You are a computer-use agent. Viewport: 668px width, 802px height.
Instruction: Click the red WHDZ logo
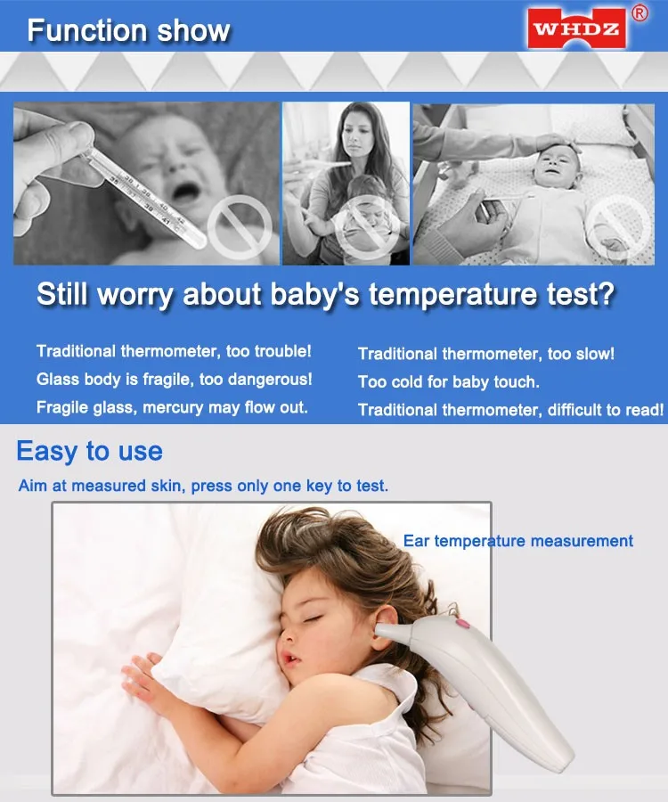[x=576, y=29]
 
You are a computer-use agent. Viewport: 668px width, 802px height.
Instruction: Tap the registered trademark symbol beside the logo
[x=639, y=12]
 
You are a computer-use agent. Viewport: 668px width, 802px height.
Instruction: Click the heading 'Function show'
[x=129, y=30]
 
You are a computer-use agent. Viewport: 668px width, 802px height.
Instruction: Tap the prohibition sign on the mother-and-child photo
[x=367, y=226]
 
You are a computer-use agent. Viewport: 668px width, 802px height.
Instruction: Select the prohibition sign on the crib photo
[x=618, y=226]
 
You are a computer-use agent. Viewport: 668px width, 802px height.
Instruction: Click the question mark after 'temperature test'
[x=606, y=294]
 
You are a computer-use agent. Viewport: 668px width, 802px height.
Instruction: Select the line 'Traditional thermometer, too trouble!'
[x=174, y=351]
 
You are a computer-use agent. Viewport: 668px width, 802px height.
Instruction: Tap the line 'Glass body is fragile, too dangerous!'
[x=175, y=380]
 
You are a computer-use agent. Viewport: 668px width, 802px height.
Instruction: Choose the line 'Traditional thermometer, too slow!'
[x=486, y=354]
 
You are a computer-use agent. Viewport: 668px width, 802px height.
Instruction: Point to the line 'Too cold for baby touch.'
[x=449, y=382]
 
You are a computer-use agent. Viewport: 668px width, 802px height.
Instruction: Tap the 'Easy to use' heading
[x=89, y=452]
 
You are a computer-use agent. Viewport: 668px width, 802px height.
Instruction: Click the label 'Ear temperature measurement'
[x=518, y=541]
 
